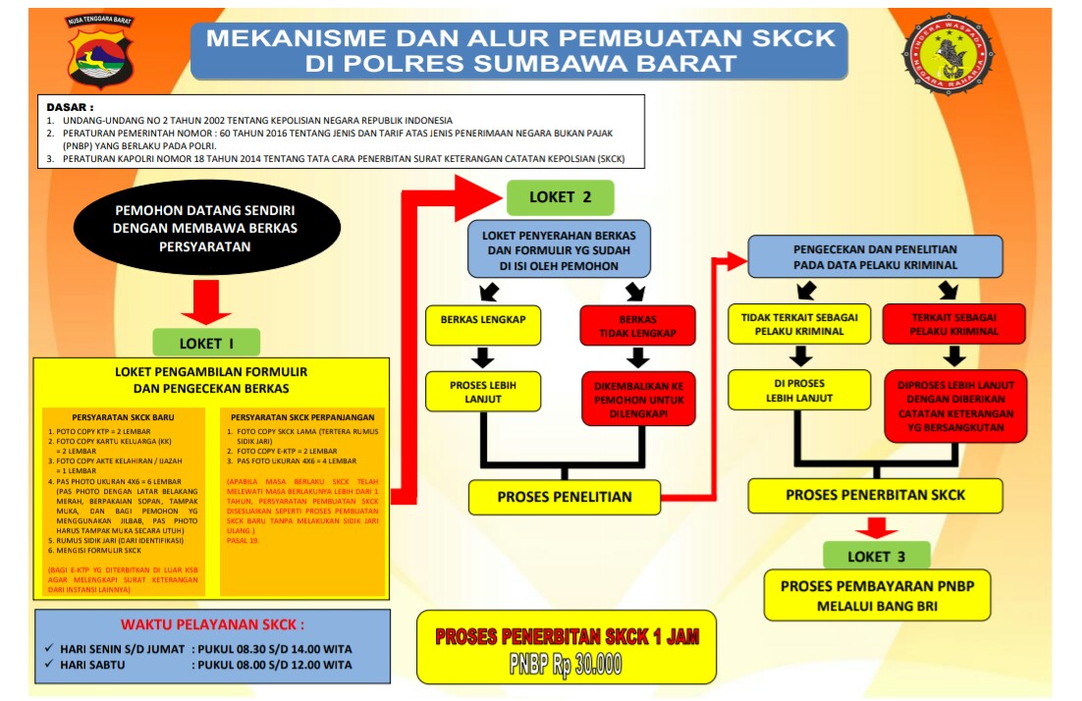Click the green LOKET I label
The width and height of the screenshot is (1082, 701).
[x=206, y=343]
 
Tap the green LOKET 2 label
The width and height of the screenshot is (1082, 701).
[x=560, y=197]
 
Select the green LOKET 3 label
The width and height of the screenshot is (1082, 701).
[x=876, y=557]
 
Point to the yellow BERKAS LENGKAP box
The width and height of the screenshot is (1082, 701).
[x=482, y=325]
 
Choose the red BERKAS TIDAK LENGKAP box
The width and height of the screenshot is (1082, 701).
[x=637, y=326]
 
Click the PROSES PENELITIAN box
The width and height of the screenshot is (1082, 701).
[x=564, y=496]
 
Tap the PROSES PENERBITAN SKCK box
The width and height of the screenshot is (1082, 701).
[x=875, y=495]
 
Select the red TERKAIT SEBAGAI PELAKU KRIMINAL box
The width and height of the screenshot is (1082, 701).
[x=953, y=324]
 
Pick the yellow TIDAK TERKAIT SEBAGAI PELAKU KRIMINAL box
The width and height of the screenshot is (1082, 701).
[x=799, y=324]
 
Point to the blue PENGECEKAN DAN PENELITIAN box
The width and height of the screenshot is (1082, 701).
[x=875, y=256]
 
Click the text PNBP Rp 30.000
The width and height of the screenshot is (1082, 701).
[x=566, y=664]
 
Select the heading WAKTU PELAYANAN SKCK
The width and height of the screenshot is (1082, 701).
[x=212, y=624]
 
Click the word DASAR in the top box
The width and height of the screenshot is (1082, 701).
[x=70, y=106]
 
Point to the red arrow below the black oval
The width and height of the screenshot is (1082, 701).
[x=206, y=300]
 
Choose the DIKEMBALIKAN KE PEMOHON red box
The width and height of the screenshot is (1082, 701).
[x=637, y=398]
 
